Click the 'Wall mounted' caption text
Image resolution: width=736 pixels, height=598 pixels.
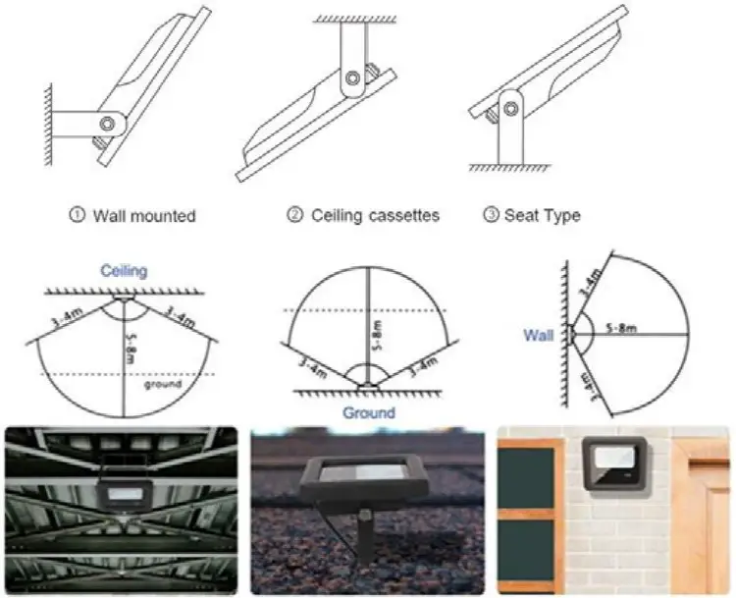click(x=143, y=215)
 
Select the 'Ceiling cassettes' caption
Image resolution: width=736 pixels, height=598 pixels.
click(x=375, y=215)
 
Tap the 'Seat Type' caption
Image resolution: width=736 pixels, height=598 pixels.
click(x=542, y=215)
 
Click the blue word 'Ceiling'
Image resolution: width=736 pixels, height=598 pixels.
click(x=123, y=270)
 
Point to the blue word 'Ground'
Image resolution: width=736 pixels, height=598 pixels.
click(x=368, y=413)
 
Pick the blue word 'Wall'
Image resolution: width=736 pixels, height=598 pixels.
click(x=538, y=336)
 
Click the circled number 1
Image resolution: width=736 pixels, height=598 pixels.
click(x=78, y=215)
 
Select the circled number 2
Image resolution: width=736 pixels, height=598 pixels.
click(x=295, y=215)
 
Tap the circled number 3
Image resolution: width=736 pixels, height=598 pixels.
click(x=492, y=215)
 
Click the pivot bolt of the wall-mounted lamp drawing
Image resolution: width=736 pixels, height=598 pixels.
click(x=108, y=124)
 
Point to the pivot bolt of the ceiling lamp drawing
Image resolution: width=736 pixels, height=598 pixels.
click(x=351, y=77)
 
